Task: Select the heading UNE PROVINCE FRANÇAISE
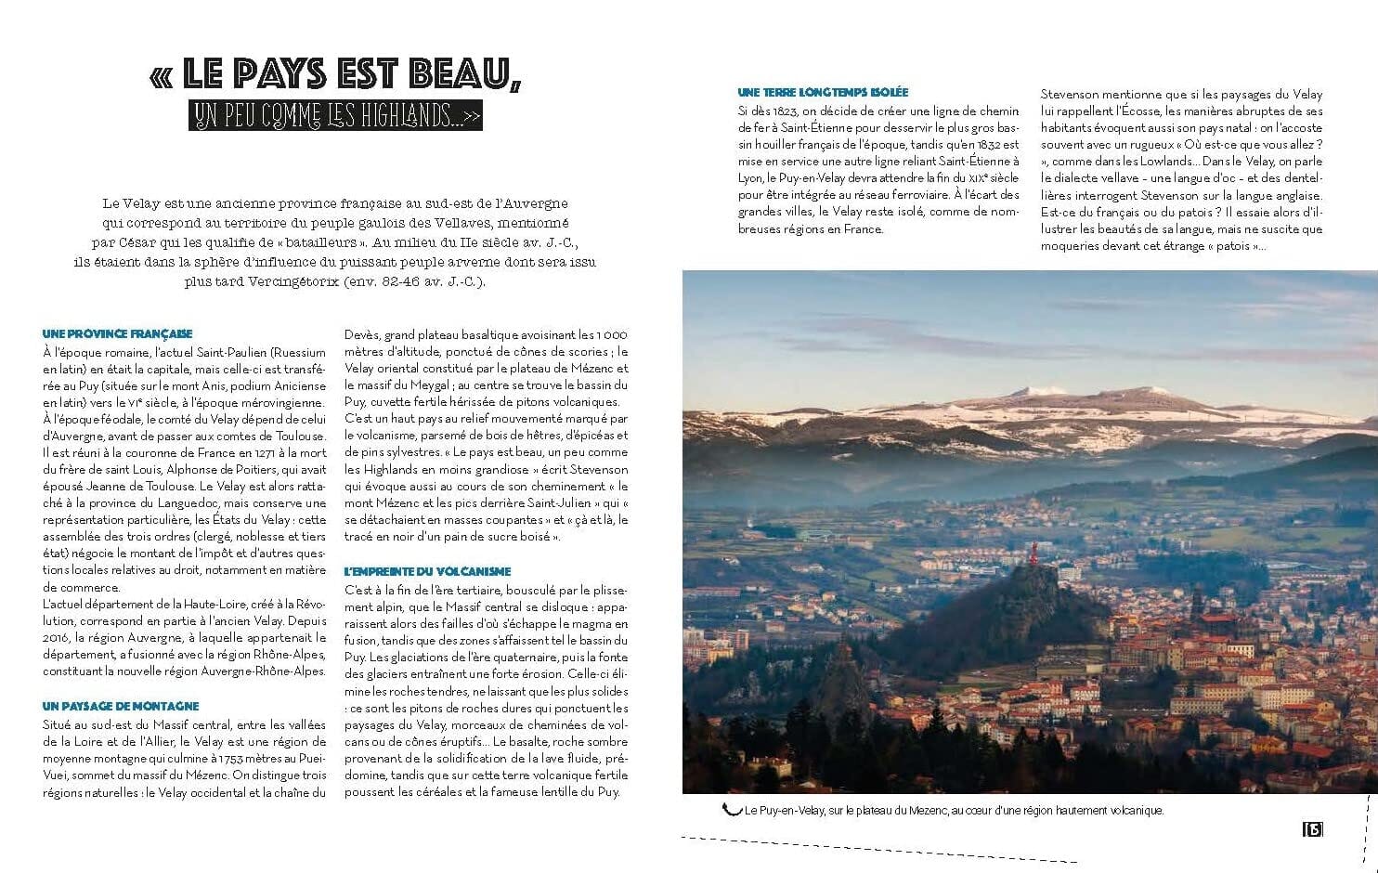118,333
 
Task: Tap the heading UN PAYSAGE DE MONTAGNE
121,707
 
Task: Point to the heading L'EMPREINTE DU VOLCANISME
427,572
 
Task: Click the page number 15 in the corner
1312,829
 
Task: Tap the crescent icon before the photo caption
732,809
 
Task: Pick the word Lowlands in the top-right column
1168,162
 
